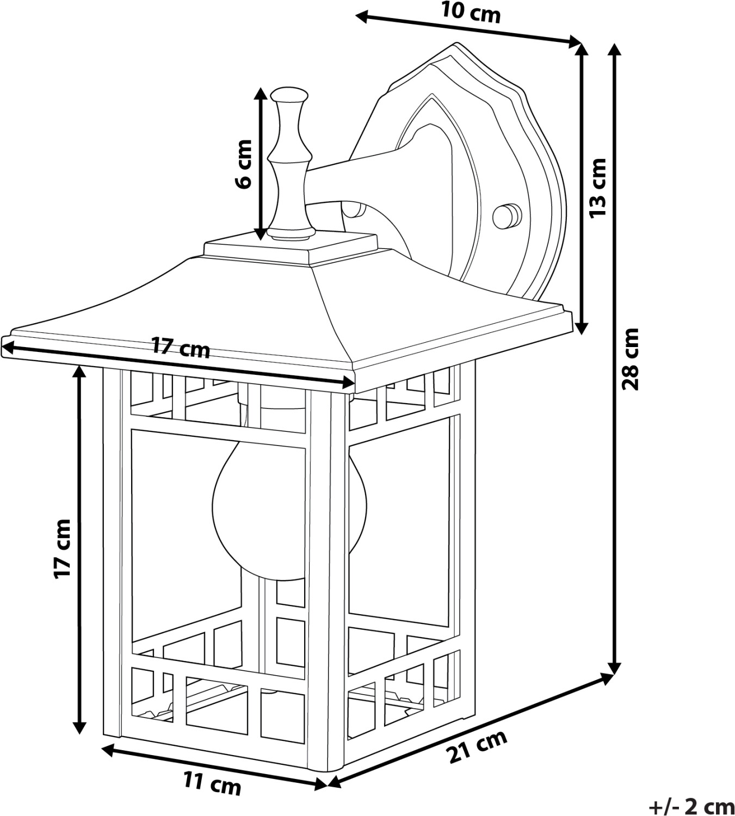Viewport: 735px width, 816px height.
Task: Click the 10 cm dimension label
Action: point(471,13)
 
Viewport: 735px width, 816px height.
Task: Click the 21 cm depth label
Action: point(477,747)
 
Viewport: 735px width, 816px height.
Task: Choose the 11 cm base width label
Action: point(212,784)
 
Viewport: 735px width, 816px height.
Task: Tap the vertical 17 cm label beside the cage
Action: point(63,548)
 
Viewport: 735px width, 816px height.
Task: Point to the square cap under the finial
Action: point(291,245)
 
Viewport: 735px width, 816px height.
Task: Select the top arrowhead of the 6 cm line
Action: point(262,92)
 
